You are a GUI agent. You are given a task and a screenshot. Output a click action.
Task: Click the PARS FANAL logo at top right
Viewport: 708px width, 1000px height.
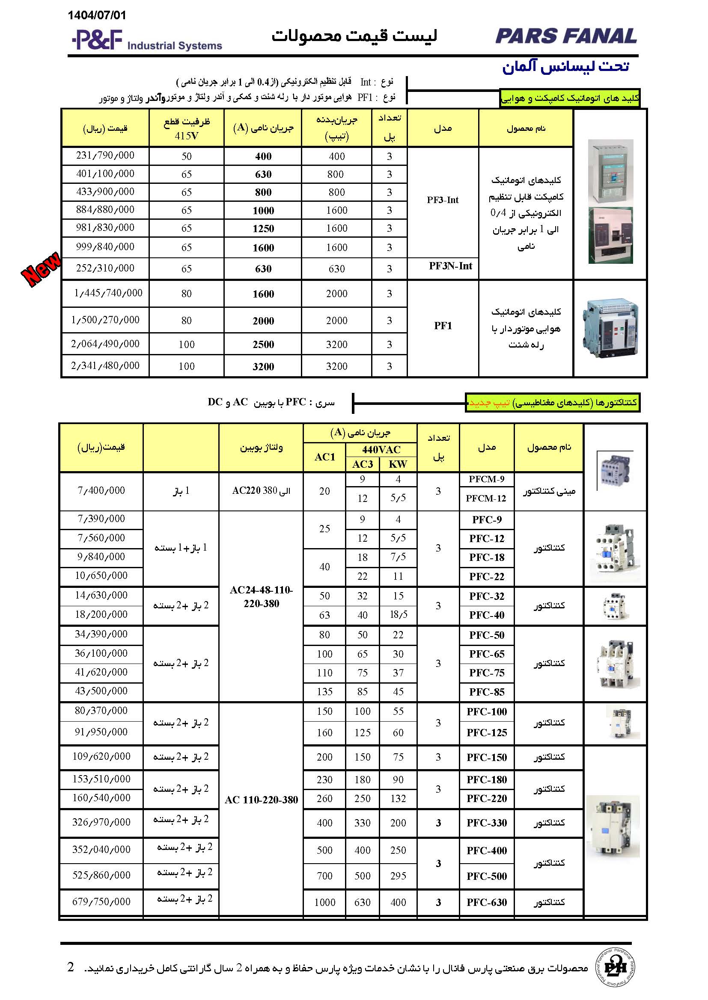coord(566,36)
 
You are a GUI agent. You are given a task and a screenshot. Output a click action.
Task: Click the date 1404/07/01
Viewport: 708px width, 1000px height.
coord(97,16)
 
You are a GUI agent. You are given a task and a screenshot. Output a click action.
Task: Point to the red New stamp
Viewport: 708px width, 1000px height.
coord(42,268)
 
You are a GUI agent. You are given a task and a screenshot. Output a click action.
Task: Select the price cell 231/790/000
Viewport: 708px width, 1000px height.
coord(105,156)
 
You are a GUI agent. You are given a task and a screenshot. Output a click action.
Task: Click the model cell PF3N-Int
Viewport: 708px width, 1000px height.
coord(450,266)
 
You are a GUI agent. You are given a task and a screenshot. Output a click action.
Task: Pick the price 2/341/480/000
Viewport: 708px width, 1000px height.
coord(105,366)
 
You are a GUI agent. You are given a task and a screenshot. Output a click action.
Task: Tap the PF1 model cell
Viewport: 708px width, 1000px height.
coord(443,326)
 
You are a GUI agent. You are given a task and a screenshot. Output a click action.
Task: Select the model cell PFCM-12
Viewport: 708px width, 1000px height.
coord(486,498)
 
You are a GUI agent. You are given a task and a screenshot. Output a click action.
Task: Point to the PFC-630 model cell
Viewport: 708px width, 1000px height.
coord(487,902)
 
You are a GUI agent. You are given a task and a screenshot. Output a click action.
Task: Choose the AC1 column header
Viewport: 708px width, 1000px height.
coord(325,457)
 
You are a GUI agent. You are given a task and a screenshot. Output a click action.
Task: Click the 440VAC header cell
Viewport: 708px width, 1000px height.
coord(381,449)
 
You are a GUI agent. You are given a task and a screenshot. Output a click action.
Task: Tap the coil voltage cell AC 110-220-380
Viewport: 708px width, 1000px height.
coord(261,799)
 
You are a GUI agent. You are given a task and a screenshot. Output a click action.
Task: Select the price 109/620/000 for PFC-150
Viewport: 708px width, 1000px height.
coord(101,756)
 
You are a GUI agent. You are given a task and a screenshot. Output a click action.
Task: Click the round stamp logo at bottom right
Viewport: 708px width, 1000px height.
coord(615,968)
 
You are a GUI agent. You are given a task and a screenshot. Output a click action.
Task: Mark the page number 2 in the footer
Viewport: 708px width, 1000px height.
coord(71,967)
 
